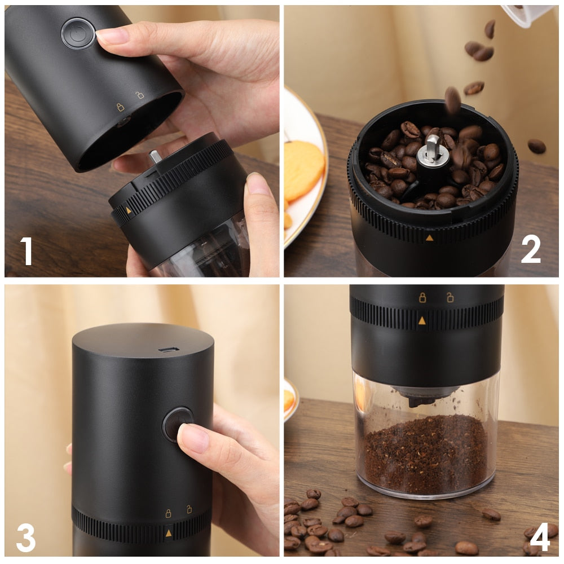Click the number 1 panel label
[27, 251]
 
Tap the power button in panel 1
[78, 33]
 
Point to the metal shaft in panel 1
[156, 156]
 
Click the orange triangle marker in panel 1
[129, 210]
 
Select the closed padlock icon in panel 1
[120, 107]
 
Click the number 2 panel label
[531, 249]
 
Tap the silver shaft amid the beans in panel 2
[433, 148]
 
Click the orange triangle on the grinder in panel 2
[429, 238]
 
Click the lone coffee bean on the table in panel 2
[536, 146]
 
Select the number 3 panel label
[26, 537]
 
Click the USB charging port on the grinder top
[169, 350]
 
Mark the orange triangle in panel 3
[168, 532]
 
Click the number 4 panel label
[540, 537]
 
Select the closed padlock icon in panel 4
[422, 298]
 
